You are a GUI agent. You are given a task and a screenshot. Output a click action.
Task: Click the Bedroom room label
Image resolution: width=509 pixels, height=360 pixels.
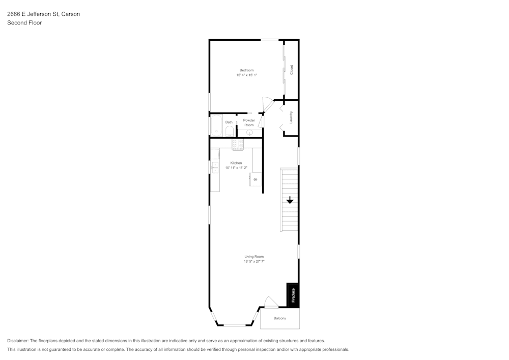246,70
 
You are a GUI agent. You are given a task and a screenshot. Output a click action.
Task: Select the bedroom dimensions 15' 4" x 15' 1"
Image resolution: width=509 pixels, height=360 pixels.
246,75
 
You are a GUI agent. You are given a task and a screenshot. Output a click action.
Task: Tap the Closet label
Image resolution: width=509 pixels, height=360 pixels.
292,70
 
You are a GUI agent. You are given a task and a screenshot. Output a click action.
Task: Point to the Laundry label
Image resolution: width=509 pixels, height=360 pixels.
291,117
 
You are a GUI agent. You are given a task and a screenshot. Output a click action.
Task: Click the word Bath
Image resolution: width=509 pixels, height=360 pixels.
229,122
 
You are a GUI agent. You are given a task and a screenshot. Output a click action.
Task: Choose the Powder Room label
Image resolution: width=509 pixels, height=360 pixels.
249,123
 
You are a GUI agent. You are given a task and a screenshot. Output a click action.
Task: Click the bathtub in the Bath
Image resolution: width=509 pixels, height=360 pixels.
216,126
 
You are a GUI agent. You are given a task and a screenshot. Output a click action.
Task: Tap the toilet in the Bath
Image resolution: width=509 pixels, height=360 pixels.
229,132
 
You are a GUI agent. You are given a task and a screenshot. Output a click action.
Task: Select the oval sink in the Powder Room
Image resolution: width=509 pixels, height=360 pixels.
249,132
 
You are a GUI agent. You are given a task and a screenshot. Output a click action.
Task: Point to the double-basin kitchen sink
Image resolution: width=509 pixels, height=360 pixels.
214,167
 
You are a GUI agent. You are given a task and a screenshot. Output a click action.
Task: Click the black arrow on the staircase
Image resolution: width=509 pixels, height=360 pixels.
290,200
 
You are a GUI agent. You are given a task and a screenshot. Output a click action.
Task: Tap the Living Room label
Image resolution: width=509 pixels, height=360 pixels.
254,257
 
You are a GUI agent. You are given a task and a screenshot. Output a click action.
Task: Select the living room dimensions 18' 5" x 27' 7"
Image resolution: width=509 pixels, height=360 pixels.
254,262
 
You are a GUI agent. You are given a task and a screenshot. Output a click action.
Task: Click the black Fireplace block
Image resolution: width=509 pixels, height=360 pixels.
293,295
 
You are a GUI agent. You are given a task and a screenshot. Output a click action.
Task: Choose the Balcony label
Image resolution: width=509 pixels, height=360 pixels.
279,318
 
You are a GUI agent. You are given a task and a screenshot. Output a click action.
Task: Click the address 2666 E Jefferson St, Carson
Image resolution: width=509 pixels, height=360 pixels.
43,14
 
